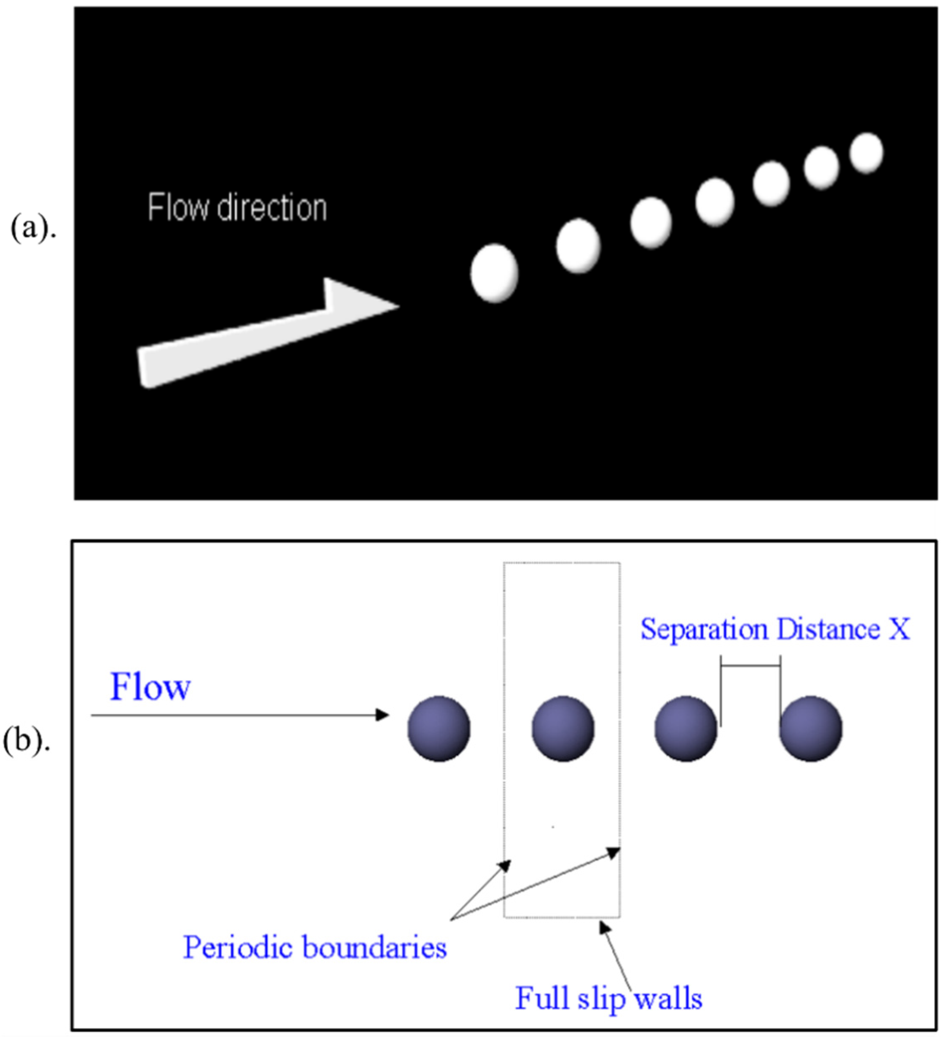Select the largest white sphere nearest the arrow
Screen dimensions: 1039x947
(x=494, y=273)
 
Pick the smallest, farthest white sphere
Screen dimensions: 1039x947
(x=866, y=153)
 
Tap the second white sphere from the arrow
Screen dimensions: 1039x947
(x=578, y=245)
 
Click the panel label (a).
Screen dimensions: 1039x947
(x=32, y=228)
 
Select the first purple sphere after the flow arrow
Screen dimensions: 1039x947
(x=439, y=728)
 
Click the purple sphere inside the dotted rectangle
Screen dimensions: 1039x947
(x=562, y=728)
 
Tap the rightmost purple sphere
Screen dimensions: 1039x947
(x=810, y=728)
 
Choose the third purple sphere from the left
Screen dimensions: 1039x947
(x=686, y=728)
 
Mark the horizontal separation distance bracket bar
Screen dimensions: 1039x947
(x=750, y=666)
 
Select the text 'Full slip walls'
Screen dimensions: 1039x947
(x=608, y=998)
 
